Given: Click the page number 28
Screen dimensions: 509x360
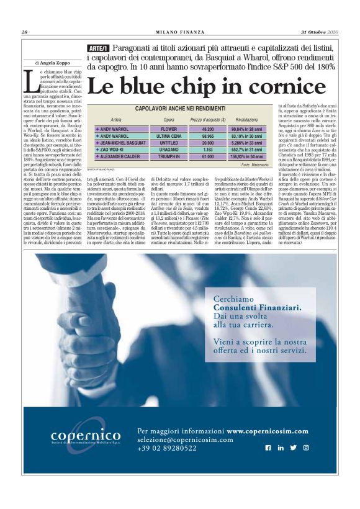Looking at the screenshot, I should coord(24,33).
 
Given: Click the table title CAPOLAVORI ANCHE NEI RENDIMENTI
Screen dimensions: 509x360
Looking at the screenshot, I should coord(179,109).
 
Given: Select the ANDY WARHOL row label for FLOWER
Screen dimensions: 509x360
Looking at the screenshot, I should coord(115,128).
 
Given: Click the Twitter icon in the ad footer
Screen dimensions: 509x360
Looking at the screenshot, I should coord(293,448).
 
